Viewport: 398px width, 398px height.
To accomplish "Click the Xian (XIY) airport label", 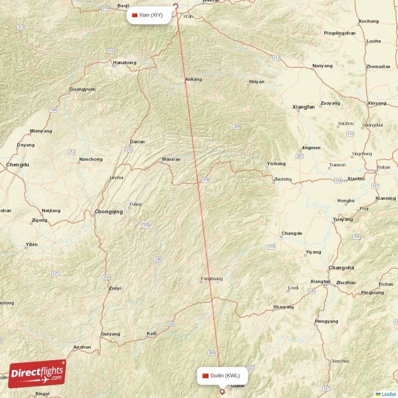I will click(151, 15).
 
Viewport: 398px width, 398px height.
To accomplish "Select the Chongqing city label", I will click(108, 211).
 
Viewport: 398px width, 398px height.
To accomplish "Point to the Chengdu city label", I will click(18, 164).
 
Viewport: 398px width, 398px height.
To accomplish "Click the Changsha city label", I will click(341, 268).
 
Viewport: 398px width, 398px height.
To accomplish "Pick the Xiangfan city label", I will click(303, 107).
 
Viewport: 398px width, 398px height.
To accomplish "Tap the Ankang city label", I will click(193, 79).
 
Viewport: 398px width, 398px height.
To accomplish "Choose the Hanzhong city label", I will click(124, 63).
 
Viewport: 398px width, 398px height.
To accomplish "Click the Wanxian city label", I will click(171, 160).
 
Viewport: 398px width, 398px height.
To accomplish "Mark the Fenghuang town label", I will click(211, 279).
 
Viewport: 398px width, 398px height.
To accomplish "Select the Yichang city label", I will click(276, 164).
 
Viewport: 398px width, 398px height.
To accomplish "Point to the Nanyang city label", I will click(322, 66).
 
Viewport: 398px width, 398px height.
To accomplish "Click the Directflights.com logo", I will click(37, 374).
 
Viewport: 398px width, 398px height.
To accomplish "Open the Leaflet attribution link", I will click(388, 394).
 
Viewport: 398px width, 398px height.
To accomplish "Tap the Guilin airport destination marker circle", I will click(222, 392).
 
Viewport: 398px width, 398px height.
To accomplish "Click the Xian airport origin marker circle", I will click(175, 7).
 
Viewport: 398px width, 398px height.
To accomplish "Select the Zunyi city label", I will click(115, 288).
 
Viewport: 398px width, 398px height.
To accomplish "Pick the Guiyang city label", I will click(110, 334).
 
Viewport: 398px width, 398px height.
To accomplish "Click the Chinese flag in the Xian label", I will click(134, 15).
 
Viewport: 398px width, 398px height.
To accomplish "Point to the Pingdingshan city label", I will click(339, 33).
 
